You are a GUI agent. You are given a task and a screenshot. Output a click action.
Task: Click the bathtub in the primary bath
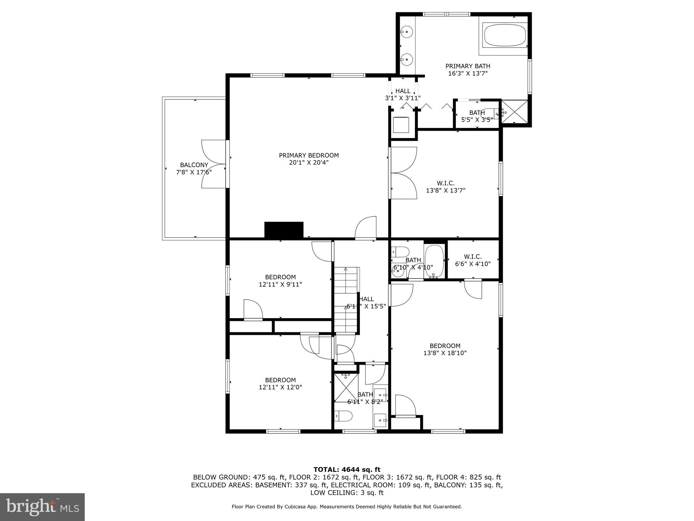point(505,35)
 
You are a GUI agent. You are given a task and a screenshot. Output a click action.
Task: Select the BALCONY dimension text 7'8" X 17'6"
point(194,172)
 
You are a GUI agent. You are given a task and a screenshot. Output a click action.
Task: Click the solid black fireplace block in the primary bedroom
point(284,230)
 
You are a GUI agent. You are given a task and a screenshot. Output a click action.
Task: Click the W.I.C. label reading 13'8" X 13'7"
point(446,187)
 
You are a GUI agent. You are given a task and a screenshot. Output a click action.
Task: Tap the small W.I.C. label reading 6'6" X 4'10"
point(473,260)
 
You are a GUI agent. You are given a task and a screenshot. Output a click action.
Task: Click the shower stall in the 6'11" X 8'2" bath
point(346,387)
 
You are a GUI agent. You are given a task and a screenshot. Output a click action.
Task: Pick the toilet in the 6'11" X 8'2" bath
point(343,416)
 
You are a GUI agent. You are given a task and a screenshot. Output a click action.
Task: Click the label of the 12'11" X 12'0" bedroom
point(280,384)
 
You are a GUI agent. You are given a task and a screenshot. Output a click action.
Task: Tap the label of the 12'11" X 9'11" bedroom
point(280,281)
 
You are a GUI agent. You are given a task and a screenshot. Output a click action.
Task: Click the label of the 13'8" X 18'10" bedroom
point(445,349)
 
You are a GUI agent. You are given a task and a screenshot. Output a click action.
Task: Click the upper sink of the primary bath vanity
point(406,32)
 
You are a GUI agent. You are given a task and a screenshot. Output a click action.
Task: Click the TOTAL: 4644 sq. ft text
point(347,469)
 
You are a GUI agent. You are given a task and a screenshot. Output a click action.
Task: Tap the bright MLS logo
point(42,507)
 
